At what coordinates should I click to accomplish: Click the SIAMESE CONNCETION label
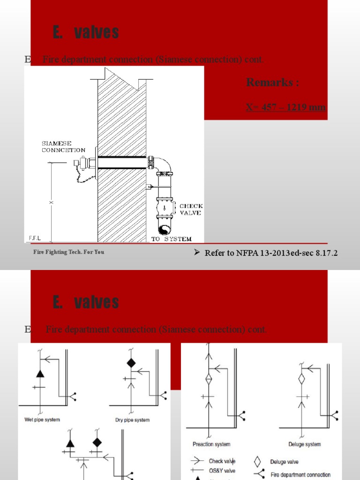point(63,147)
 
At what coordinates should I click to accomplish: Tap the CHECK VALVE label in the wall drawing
point(190,209)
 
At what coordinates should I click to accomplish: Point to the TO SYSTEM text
point(171,239)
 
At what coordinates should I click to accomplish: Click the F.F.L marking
point(35,238)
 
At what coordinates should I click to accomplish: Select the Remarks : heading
point(272,83)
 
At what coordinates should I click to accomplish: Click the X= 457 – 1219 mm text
point(285,107)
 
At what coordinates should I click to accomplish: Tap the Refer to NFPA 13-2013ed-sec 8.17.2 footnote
point(271,253)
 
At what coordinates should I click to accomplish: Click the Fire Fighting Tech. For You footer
point(68,252)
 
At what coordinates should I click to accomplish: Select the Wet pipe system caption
point(42,420)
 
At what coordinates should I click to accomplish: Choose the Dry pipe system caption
point(132,420)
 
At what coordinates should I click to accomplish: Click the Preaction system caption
point(211,444)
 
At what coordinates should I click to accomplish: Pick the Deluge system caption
point(305,444)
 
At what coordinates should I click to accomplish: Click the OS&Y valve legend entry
point(222,471)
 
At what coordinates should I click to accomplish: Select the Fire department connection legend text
point(300,475)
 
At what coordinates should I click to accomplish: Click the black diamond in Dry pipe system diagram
point(131,363)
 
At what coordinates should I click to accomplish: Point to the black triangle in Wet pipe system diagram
point(40,374)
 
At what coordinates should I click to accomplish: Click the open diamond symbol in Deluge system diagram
point(302,379)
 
